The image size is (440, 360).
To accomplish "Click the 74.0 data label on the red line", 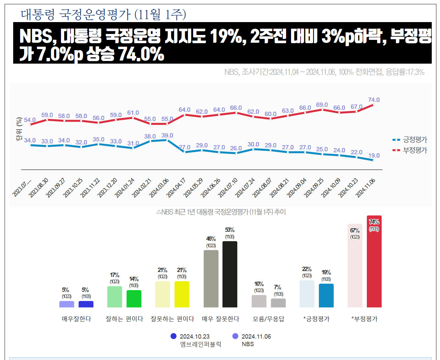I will tap(374, 100).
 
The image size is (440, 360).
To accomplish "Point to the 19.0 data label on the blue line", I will tap(374, 156).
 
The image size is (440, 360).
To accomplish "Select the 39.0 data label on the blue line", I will tap(167, 135).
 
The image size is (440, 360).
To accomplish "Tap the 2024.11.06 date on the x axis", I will tap(366, 188).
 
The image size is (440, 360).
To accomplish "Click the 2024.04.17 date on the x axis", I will tap(176, 188).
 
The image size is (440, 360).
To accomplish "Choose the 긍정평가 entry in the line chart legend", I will tap(415, 140).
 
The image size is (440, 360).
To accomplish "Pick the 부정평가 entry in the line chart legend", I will tap(415, 150).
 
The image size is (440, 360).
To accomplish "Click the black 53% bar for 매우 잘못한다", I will tap(230, 274).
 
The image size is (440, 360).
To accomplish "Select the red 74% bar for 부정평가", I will tap(374, 262).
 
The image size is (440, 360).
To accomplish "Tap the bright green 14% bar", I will tap(134, 299).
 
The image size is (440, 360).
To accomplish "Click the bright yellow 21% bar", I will tap(182, 294).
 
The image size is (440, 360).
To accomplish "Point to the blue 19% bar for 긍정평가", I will tap(326, 295).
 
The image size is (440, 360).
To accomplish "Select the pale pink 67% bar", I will tap(355, 266).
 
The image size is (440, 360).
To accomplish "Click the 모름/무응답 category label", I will tap(268, 319).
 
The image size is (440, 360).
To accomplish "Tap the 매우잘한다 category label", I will tap(76, 319).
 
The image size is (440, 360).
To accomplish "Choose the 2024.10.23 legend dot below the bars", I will tap(173, 336).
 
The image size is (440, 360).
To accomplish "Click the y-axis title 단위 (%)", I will tap(19, 129).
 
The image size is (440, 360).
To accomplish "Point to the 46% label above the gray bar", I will tap(211, 239).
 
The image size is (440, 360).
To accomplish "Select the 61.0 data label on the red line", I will tap(133, 113).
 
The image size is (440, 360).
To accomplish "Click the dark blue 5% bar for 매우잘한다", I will tap(86, 304).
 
